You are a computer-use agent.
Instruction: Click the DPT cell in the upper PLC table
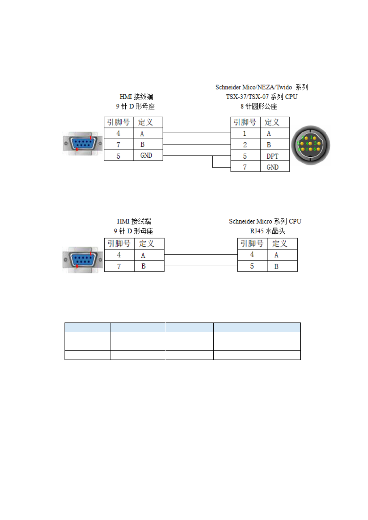[x=275, y=156]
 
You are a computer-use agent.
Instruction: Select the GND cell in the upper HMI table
[x=148, y=155]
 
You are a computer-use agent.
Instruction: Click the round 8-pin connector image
[x=311, y=145]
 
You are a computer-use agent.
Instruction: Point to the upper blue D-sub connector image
[x=83, y=144]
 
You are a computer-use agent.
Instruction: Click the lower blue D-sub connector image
[x=83, y=260]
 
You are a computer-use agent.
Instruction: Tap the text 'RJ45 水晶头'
[x=267, y=231]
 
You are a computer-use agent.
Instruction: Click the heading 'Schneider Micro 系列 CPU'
[x=265, y=221]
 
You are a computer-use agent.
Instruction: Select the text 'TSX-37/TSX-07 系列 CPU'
[x=262, y=97]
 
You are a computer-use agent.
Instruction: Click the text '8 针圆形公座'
[x=259, y=106]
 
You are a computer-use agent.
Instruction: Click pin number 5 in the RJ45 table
[x=252, y=266]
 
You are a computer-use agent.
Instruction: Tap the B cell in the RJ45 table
[x=282, y=266]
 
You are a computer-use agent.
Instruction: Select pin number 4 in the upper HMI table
[x=119, y=133]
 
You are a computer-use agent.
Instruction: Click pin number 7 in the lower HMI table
[x=119, y=266]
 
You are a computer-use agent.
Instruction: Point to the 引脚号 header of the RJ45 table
[x=252, y=243]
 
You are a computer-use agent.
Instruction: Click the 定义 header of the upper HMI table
[x=148, y=122]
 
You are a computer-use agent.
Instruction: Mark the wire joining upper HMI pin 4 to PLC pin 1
[x=197, y=133]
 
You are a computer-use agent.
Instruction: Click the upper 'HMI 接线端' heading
[x=136, y=97]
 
